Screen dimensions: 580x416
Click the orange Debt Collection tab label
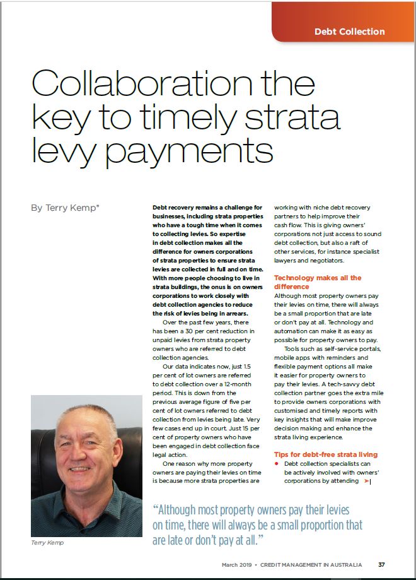349,31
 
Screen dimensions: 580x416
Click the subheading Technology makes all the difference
318,281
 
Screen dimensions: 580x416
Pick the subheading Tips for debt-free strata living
325,454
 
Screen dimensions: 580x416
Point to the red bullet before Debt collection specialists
277,464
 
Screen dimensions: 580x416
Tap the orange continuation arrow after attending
366,481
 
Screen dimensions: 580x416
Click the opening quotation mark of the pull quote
156,510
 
